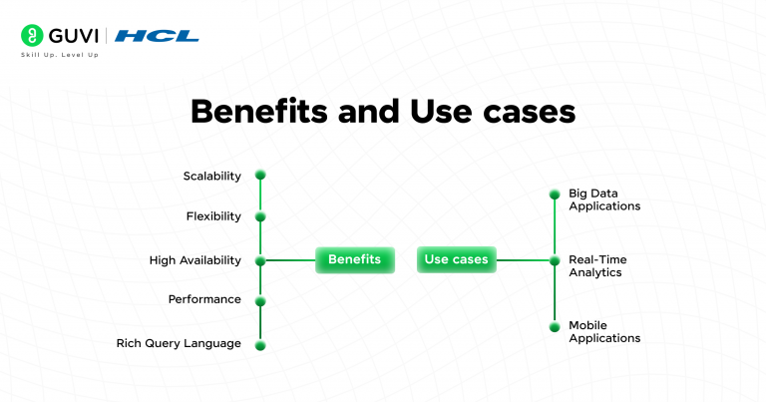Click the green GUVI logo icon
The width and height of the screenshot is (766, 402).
[32, 36]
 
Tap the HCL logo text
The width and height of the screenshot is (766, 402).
[157, 36]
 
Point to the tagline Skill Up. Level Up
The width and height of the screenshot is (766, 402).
[60, 54]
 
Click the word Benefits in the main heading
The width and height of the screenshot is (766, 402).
[256, 111]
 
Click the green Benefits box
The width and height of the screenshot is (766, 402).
[354, 259]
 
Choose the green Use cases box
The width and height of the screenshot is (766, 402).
[456, 259]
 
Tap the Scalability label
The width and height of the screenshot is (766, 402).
[211, 176]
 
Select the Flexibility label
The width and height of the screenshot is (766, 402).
[213, 216]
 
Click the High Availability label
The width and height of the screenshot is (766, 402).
[195, 260]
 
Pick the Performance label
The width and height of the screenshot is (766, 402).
[204, 299]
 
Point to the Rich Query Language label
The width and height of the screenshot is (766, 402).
[179, 343]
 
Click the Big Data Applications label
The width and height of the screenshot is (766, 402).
[603, 200]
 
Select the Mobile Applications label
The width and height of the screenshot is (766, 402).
[603, 332]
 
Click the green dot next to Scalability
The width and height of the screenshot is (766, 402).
[260, 175]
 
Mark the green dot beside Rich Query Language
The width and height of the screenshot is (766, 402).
[260, 345]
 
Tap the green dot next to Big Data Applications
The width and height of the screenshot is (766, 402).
[555, 194]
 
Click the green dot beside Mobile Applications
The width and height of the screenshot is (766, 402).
[555, 327]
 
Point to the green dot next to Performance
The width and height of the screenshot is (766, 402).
[260, 300]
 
